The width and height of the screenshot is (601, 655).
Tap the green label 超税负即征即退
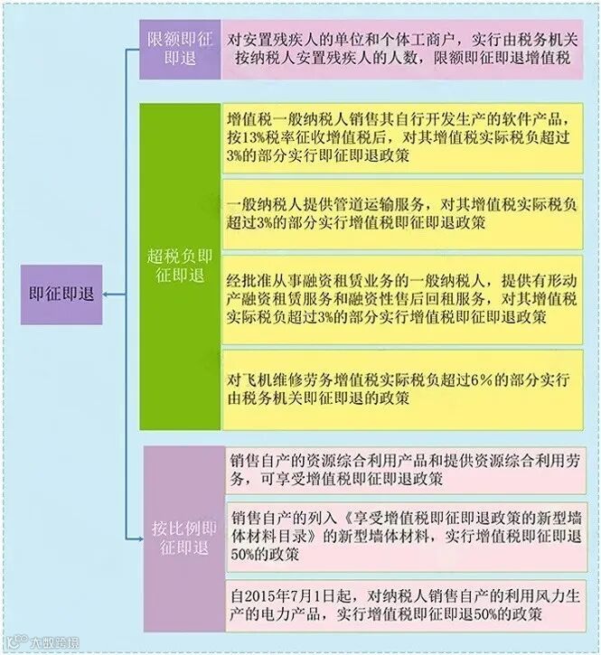(178, 267)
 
